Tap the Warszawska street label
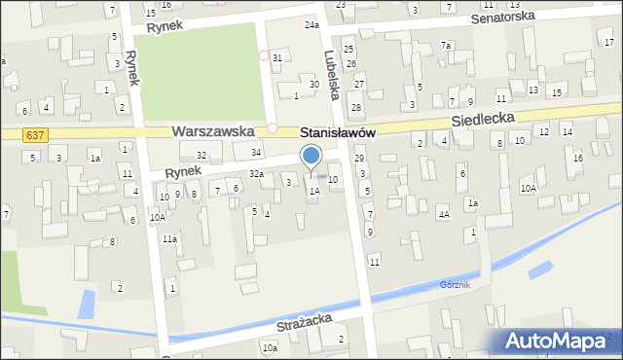[x=212, y=130]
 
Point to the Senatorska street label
[x=502, y=18]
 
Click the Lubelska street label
[x=332, y=75]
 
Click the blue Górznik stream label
[x=454, y=285]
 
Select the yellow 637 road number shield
[x=35, y=134]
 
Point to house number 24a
[x=311, y=24]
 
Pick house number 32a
[x=256, y=173]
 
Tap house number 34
[x=256, y=153]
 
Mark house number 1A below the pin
[x=314, y=192]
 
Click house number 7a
[x=446, y=46]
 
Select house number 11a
[x=169, y=238]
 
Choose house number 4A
[x=443, y=214]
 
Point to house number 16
[x=577, y=158]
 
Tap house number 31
[x=277, y=58]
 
